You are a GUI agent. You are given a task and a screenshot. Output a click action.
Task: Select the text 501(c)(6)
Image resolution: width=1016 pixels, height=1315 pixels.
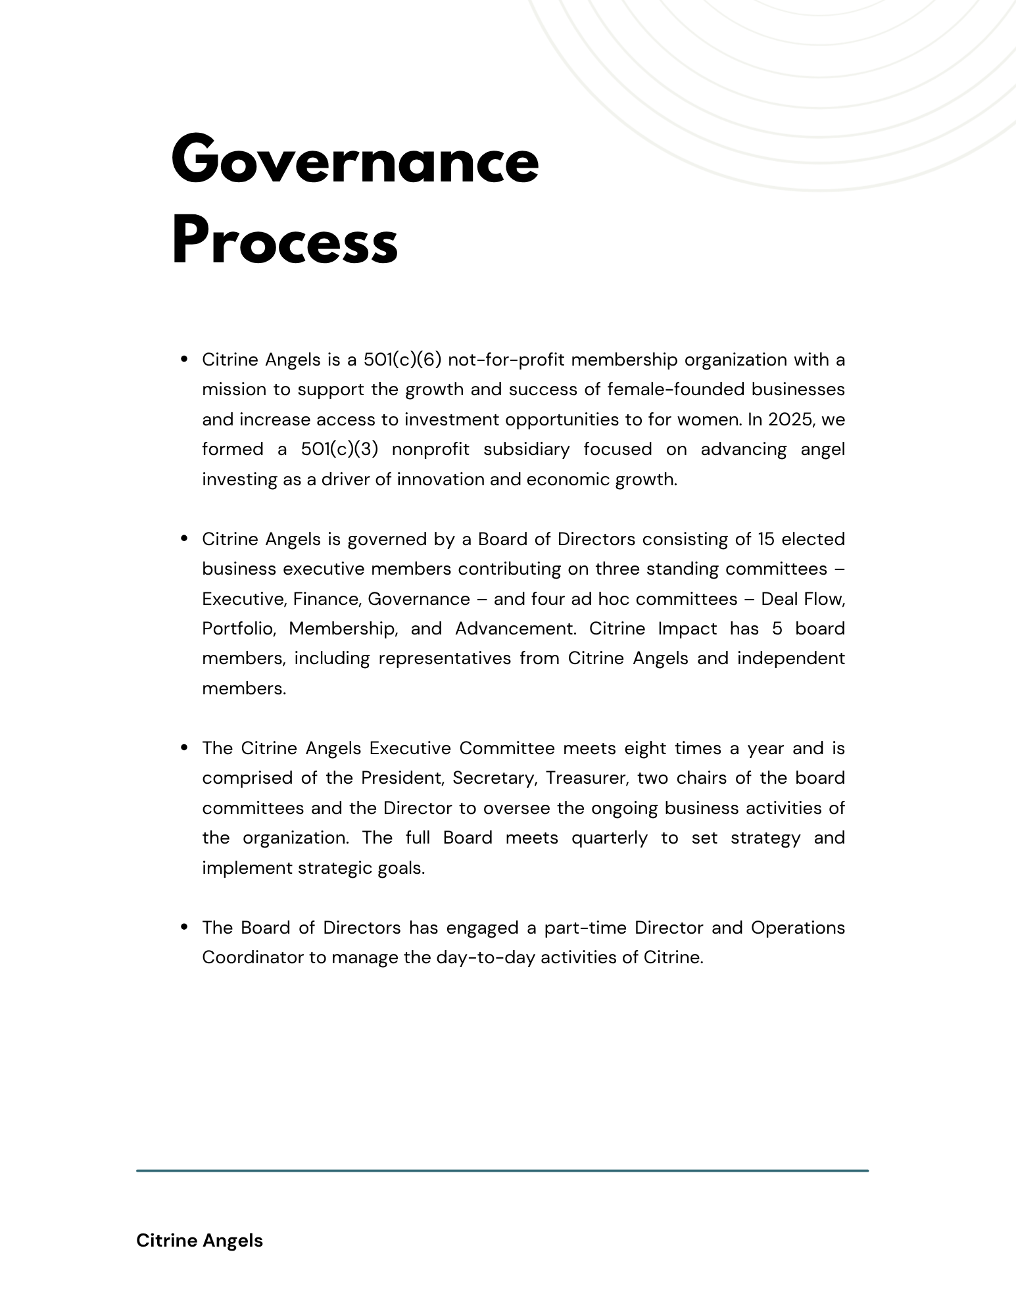point(402,360)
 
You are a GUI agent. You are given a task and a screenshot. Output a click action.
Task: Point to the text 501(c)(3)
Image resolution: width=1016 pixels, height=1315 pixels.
point(340,450)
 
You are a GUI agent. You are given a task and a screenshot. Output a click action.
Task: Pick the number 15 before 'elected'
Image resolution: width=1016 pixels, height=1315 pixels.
point(766,539)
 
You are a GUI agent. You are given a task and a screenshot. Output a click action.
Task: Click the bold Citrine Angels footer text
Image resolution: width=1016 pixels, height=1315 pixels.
point(199,1241)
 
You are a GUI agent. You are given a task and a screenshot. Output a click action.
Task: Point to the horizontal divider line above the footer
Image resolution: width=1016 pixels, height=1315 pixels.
point(502,1170)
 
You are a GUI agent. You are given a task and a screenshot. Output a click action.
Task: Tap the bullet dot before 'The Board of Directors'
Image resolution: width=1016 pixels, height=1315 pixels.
point(185,927)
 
